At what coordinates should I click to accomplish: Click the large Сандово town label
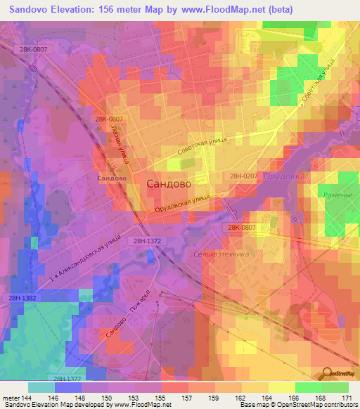point(169,183)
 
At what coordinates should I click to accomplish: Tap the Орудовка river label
point(283,176)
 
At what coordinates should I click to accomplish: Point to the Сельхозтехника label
point(220,254)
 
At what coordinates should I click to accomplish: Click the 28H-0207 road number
point(245,177)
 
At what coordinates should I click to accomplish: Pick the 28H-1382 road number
point(24,299)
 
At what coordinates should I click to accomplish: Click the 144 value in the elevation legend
point(28,397)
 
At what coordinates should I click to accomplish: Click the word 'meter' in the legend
point(11,397)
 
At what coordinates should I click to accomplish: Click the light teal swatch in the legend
point(41,387)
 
